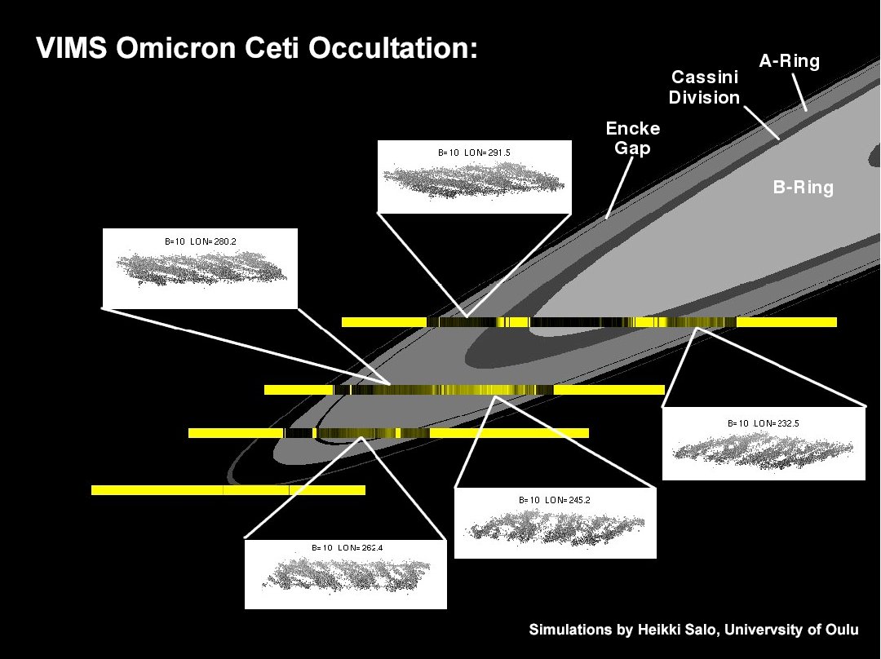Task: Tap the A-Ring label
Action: [789, 60]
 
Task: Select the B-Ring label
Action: [803, 188]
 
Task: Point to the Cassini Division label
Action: [705, 87]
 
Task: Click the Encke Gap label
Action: [632, 139]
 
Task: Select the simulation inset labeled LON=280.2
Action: [201, 267]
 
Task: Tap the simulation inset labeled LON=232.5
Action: [763, 444]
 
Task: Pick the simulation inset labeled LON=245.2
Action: [555, 523]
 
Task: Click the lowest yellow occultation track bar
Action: [228, 490]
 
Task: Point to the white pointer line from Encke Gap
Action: [620, 188]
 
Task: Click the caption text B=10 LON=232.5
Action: [764, 423]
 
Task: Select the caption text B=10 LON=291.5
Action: [474, 153]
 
